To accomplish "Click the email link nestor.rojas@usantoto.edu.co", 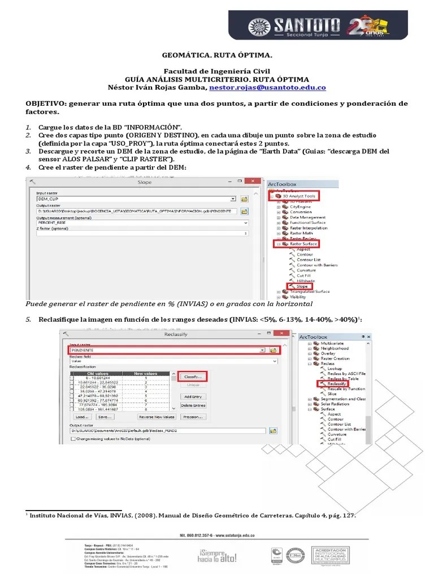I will click(x=267, y=88).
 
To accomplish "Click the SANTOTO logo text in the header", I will click(x=307, y=24).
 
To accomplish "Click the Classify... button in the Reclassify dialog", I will click(x=193, y=376).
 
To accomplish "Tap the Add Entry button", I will click(x=193, y=396).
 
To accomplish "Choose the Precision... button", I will click(x=193, y=417).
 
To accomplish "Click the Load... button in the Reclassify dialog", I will click(x=80, y=417).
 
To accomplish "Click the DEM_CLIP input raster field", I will click(x=136, y=199).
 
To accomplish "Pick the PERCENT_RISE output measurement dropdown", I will click(x=141, y=223).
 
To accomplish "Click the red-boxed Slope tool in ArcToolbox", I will click(x=301, y=286).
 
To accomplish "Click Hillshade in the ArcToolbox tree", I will click(x=306, y=281).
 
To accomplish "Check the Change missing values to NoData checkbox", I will click(x=73, y=438).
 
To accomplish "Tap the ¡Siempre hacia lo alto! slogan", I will click(x=217, y=555).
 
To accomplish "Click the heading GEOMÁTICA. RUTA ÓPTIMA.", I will click(x=217, y=56).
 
